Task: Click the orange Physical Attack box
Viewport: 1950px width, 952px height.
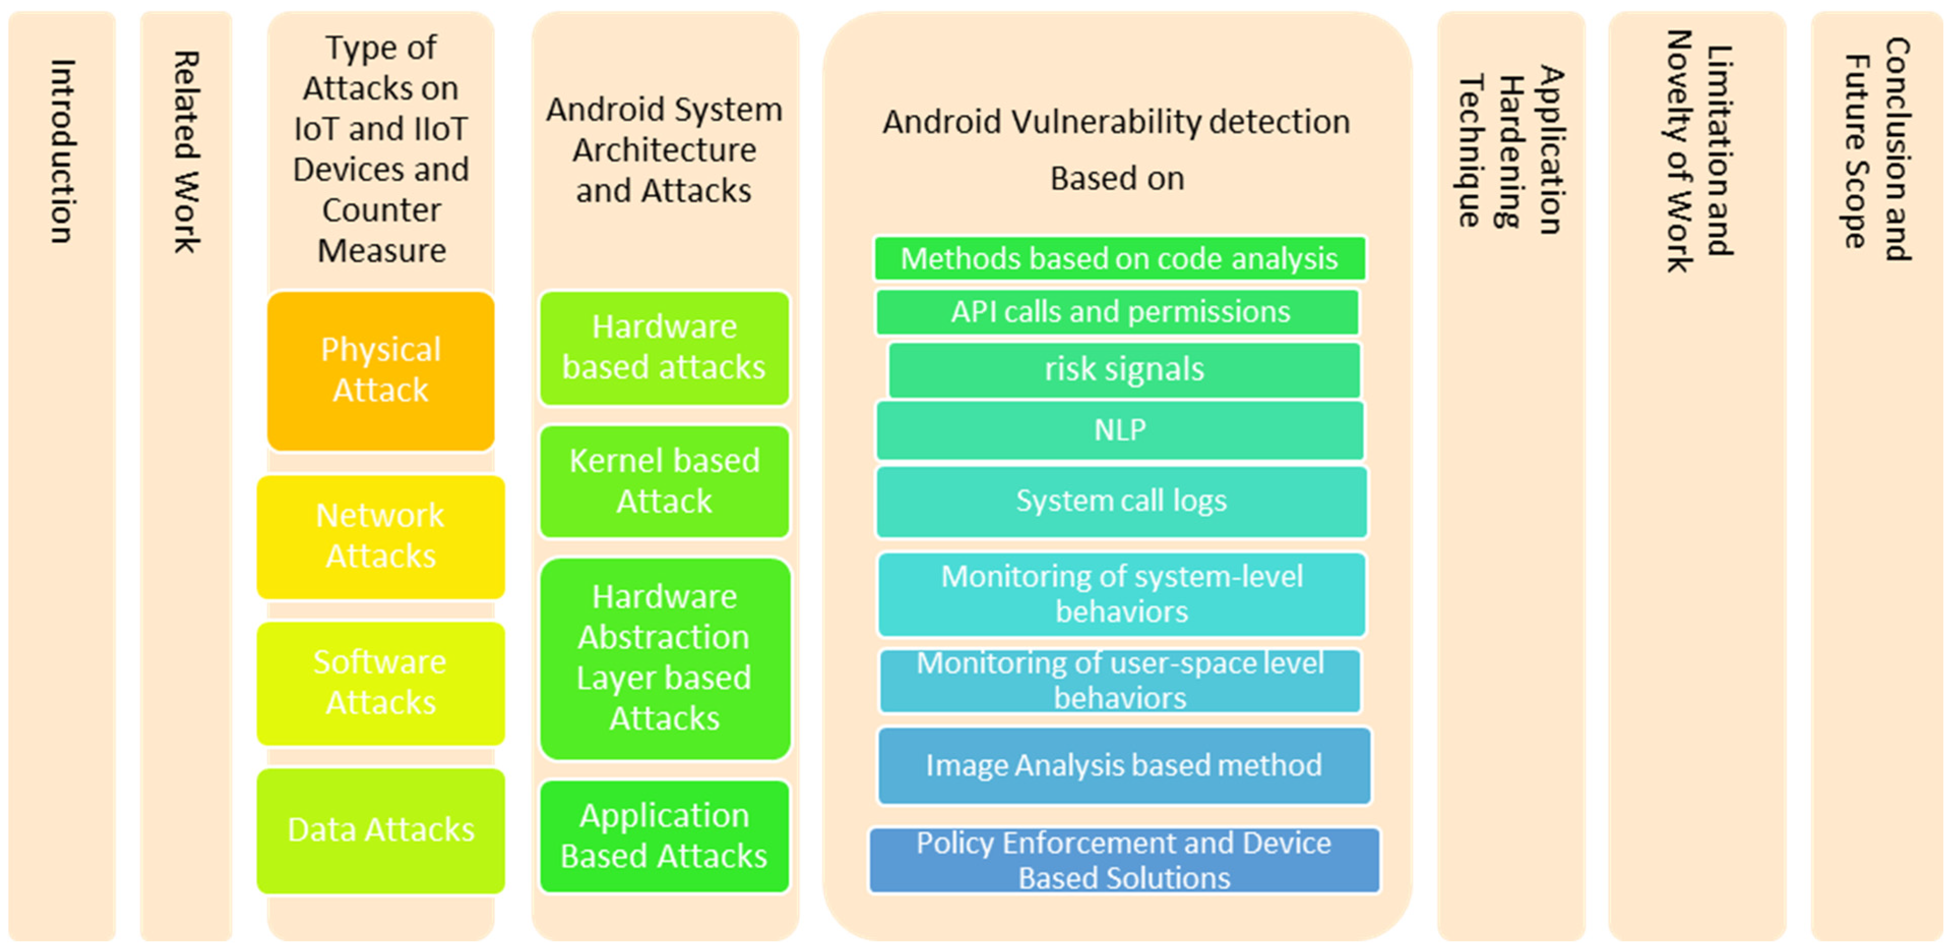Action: point(381,371)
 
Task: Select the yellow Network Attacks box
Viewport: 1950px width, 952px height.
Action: point(381,536)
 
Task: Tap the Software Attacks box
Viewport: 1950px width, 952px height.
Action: point(381,683)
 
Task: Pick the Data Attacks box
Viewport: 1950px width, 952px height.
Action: point(381,830)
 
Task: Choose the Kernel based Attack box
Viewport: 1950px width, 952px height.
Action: point(664,481)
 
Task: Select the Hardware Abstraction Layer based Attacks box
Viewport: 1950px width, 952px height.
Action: point(664,657)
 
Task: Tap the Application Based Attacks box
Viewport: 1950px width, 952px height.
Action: point(664,836)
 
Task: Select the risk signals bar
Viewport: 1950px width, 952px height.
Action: point(1124,370)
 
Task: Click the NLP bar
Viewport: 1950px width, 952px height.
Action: point(1120,430)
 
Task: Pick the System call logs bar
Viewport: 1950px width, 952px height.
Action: point(1121,501)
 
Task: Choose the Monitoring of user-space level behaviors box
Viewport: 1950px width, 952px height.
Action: point(1120,680)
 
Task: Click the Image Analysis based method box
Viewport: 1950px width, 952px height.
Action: point(1124,765)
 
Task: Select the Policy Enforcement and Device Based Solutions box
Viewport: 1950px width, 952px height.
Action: point(1124,861)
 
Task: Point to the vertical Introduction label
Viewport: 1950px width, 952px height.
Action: point(62,151)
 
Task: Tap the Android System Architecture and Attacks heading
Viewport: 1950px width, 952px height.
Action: point(664,150)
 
